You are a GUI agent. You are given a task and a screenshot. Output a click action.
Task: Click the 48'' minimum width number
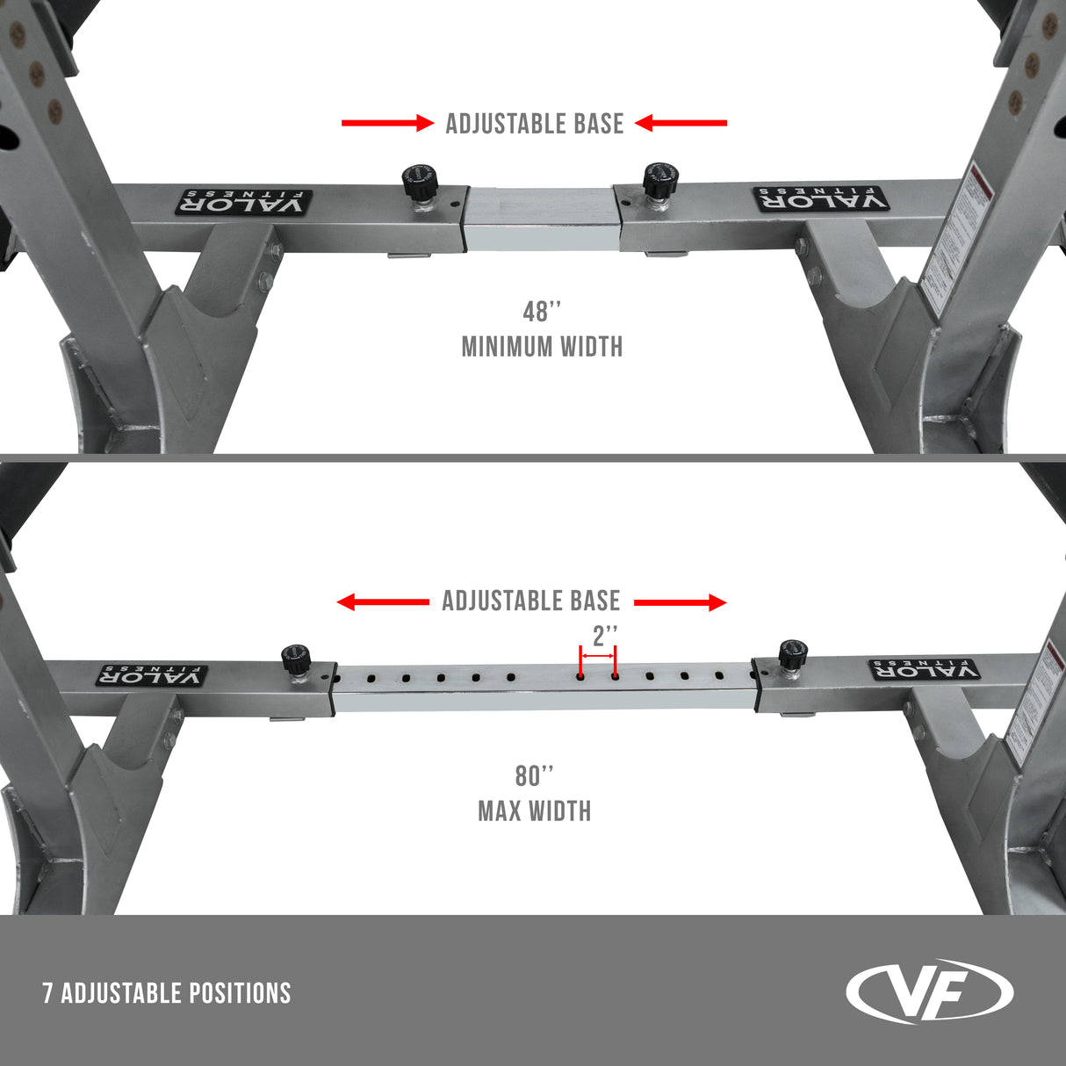coord(541,312)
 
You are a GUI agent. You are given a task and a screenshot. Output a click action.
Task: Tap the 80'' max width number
coord(534,776)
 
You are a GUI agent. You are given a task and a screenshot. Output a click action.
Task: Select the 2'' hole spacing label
coord(605,635)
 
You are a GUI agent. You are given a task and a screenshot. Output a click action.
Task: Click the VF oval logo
coord(929,991)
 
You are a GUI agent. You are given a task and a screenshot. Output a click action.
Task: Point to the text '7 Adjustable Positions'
coord(167,993)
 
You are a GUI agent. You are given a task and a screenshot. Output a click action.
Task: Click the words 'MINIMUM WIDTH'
coord(542,347)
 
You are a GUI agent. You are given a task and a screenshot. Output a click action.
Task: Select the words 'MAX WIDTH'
coord(534,810)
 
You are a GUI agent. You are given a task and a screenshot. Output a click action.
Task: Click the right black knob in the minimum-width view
coord(656,181)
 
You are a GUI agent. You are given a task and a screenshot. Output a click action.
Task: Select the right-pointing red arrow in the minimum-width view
coord(387,124)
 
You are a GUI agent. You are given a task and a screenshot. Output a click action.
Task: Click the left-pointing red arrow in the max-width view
coord(383,602)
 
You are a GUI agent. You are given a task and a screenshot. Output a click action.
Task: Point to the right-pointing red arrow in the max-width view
coord(680,602)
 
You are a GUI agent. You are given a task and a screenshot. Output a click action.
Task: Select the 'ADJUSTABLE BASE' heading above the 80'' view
coord(530,601)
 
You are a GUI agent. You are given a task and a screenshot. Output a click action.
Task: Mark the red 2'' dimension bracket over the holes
coord(597,656)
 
